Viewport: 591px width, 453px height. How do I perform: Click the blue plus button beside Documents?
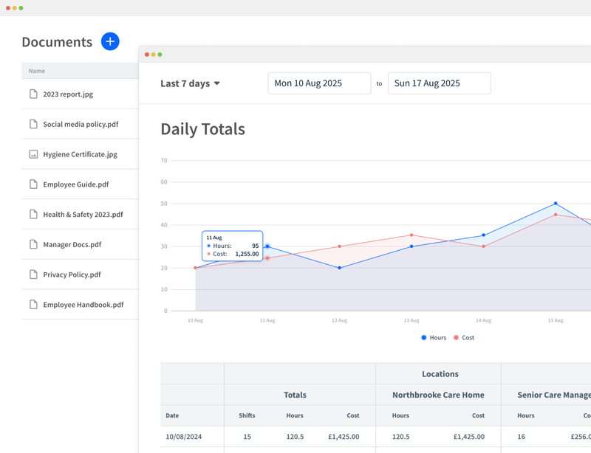click(x=110, y=41)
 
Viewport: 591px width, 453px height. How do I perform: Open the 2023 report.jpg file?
click(x=67, y=94)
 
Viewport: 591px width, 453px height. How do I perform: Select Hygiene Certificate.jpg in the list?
click(x=80, y=155)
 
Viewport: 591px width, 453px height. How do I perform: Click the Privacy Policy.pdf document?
click(x=72, y=274)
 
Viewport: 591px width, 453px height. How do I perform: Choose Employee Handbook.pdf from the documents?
click(x=83, y=305)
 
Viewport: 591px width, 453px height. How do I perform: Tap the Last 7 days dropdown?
click(x=190, y=83)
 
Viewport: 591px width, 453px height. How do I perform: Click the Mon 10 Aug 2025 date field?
click(x=319, y=83)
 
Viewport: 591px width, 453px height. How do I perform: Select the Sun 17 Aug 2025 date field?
click(x=439, y=83)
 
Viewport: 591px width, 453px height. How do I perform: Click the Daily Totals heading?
click(x=202, y=129)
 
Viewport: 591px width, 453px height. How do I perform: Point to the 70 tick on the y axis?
click(x=164, y=160)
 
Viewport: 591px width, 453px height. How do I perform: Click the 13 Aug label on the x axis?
click(x=411, y=320)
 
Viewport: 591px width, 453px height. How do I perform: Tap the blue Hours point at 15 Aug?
click(x=556, y=204)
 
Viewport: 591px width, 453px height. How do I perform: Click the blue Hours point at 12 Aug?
click(x=340, y=268)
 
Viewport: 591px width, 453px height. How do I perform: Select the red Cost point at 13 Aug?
click(x=411, y=235)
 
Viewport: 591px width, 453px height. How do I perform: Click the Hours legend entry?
click(x=434, y=338)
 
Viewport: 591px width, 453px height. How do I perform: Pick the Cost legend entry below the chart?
click(x=464, y=338)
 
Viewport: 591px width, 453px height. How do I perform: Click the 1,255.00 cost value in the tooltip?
click(x=247, y=254)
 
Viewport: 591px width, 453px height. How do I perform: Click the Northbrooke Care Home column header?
click(x=438, y=395)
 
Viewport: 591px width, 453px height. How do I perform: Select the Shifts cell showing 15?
click(x=247, y=437)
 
